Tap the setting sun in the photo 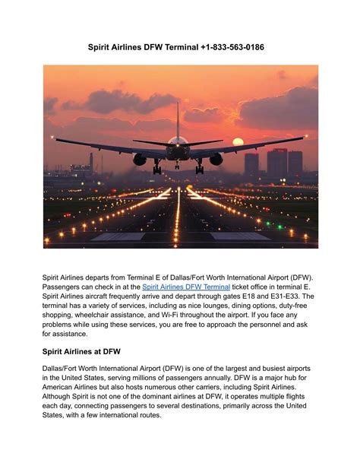pos(238,141)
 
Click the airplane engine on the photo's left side pos(140,159)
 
